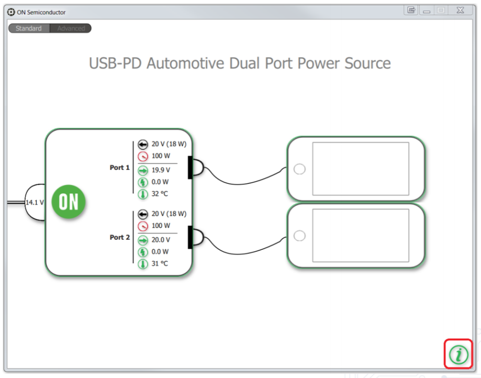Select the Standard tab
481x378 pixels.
(x=29, y=28)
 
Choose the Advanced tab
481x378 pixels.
(x=71, y=28)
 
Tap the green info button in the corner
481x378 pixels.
(x=458, y=354)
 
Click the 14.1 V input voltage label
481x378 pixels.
(x=35, y=202)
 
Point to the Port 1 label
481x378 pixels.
(x=120, y=168)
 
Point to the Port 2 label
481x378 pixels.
(x=120, y=238)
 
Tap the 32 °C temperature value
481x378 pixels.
(x=160, y=194)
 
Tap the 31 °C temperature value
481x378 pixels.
(x=160, y=263)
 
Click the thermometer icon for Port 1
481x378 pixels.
(x=143, y=194)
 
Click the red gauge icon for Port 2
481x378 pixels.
(x=143, y=226)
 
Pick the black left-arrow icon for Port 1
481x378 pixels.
(x=143, y=144)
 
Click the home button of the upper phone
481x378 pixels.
(x=299, y=169)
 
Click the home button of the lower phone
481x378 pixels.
(x=299, y=236)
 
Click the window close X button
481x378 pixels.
(x=459, y=10)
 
